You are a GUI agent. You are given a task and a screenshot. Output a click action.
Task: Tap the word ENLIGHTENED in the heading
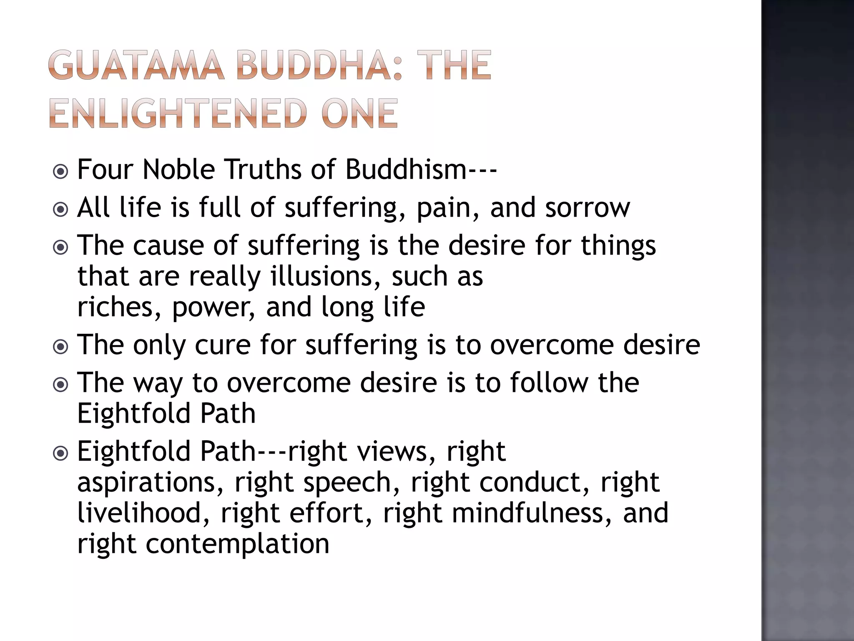point(176,114)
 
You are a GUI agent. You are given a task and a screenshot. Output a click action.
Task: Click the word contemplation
point(238,545)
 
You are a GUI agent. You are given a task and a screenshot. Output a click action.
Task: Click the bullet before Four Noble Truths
point(61,171)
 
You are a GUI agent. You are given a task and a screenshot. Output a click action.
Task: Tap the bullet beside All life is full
point(61,209)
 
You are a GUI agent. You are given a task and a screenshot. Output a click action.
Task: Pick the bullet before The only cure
point(61,346)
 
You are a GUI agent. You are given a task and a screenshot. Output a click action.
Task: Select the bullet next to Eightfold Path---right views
point(61,453)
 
